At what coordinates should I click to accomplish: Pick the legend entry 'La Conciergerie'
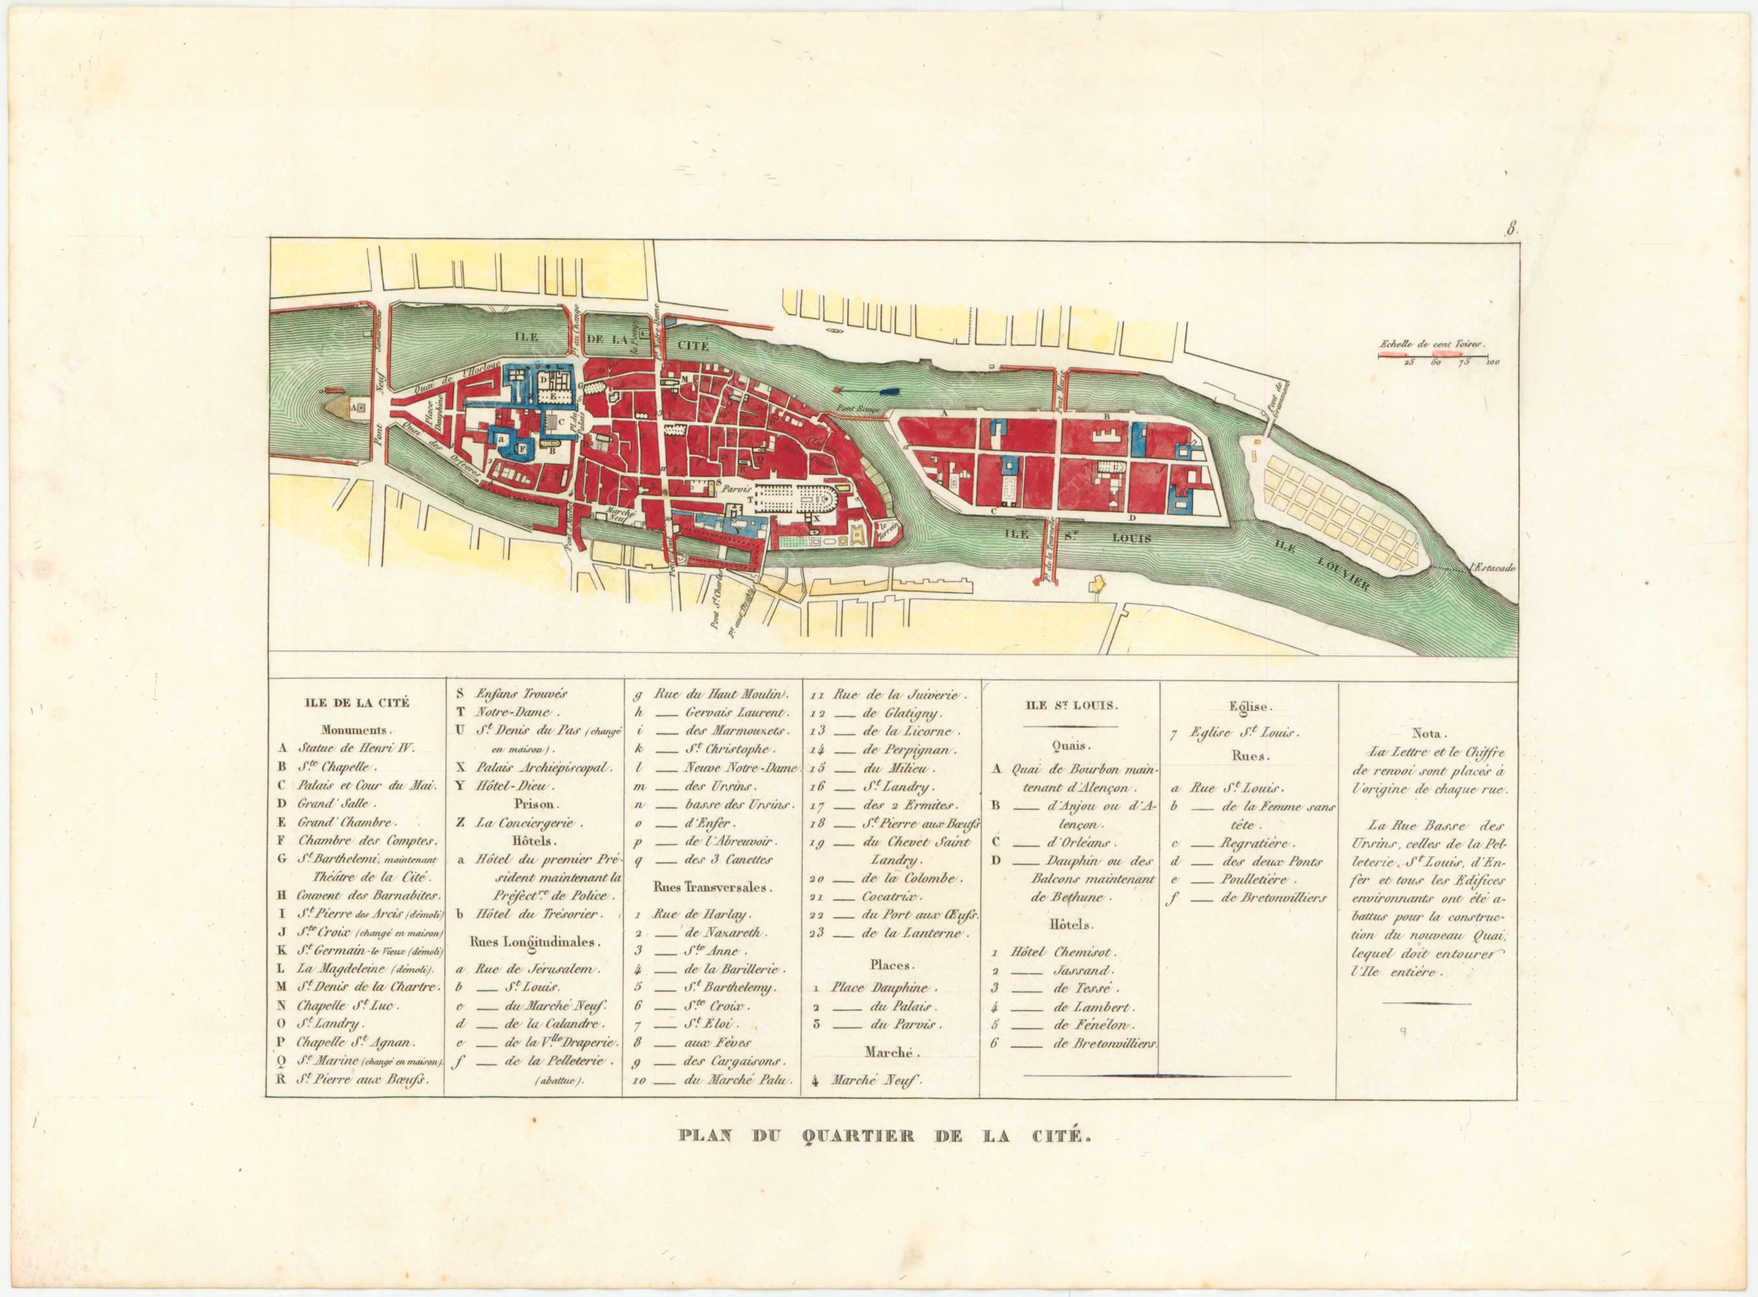pos(526,823)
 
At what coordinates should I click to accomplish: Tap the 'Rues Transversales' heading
pos(712,887)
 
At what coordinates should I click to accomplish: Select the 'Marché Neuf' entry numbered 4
pos(875,1080)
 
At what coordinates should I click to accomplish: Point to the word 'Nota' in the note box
pos(1426,733)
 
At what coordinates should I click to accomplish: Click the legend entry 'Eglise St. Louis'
pos(1244,733)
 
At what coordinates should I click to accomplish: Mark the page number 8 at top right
pos(1511,230)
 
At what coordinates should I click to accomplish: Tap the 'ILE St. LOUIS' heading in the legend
pos(1071,705)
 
